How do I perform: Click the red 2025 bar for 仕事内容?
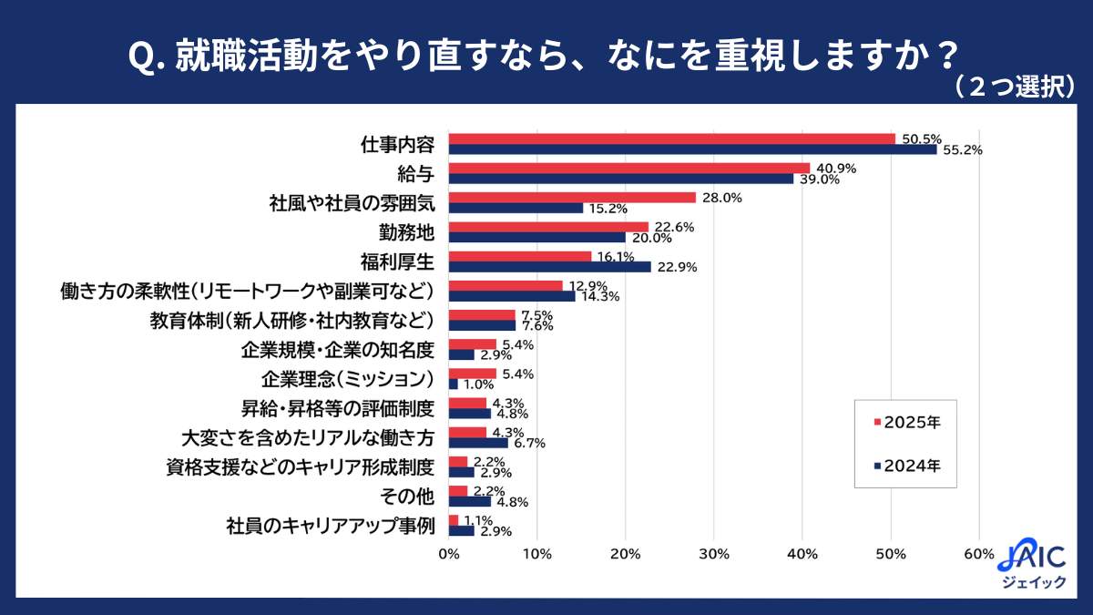point(672,138)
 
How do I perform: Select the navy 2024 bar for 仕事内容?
point(692,149)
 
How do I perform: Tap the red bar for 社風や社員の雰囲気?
point(572,198)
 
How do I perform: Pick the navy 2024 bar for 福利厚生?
point(550,267)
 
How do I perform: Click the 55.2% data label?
point(962,150)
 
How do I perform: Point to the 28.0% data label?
point(720,198)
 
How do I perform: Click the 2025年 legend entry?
point(906,422)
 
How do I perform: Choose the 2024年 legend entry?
point(906,466)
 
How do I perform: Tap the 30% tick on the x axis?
point(713,554)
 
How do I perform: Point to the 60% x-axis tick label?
point(978,554)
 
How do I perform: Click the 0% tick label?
point(448,554)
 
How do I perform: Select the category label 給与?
point(415,174)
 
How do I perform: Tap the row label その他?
point(411,497)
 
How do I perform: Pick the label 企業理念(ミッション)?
point(346,379)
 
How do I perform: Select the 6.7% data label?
point(528,444)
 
